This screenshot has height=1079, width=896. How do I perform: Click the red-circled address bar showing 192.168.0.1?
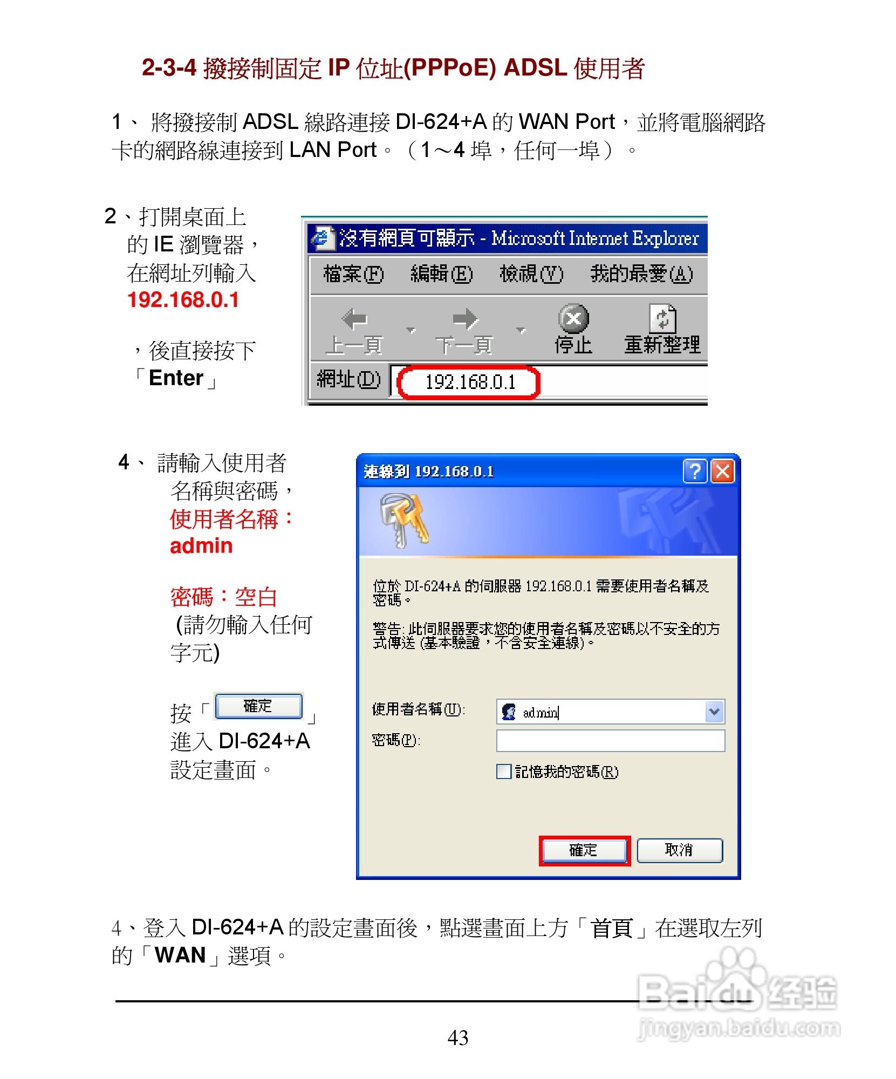point(468,382)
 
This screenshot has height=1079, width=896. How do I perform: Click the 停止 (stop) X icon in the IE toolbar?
point(573,318)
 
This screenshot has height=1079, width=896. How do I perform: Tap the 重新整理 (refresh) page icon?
point(662,318)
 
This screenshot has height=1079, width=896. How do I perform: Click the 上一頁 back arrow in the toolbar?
point(354,319)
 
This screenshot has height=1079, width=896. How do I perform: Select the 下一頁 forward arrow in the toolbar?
point(465,319)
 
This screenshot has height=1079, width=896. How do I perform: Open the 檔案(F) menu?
point(353,274)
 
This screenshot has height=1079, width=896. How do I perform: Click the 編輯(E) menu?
point(441,274)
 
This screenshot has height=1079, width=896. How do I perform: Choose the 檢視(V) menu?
point(531,274)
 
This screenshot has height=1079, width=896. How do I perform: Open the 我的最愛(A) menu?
point(641,274)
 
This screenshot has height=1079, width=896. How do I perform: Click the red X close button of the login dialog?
point(723,472)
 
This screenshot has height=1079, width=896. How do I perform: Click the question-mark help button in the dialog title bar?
point(695,472)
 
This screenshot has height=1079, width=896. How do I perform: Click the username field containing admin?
point(599,712)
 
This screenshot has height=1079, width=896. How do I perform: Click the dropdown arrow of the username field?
point(714,712)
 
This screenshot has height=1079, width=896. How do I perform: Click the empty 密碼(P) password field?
point(610,741)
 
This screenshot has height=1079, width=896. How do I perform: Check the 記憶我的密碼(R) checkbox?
point(504,771)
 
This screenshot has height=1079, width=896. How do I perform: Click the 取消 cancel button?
point(679,850)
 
